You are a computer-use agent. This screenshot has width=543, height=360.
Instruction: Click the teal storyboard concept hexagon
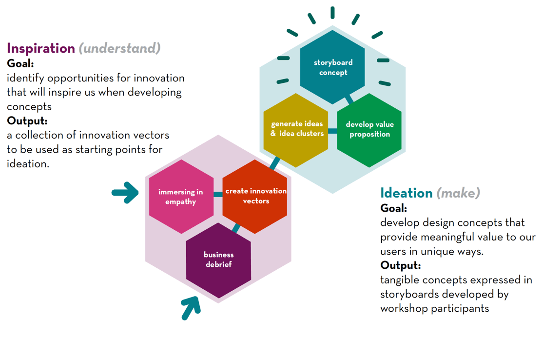(x=332, y=67)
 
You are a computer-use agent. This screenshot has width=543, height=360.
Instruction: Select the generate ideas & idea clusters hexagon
(x=296, y=130)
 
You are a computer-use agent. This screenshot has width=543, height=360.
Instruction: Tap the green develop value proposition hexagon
(x=369, y=130)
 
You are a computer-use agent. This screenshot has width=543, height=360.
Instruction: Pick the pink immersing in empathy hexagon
(x=181, y=197)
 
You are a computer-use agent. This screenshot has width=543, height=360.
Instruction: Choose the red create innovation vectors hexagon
(x=255, y=197)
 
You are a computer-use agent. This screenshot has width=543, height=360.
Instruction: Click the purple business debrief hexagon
(x=218, y=260)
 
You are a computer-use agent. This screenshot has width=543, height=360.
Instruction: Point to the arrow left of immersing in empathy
(x=125, y=192)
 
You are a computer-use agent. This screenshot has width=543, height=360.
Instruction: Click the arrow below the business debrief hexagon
(x=191, y=308)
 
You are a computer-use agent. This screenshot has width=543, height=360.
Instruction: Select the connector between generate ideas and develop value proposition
(x=332, y=131)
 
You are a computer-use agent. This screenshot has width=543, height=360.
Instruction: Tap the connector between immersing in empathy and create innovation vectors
(x=218, y=194)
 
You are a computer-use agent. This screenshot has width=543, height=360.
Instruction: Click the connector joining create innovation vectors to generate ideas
(x=275, y=163)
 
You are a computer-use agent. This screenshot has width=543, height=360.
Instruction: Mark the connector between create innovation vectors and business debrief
(x=236, y=228)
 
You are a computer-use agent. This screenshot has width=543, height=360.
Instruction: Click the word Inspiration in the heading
(x=41, y=48)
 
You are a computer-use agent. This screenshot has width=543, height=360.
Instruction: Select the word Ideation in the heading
(x=407, y=193)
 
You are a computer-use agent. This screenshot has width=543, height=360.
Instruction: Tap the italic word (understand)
(x=120, y=48)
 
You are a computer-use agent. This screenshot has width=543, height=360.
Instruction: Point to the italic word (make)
(x=459, y=193)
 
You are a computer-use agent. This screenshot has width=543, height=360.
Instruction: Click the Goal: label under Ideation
(x=394, y=208)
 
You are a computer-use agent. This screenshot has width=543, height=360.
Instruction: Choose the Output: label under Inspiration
(x=27, y=121)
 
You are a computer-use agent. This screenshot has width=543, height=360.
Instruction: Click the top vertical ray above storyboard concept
(x=332, y=13)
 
